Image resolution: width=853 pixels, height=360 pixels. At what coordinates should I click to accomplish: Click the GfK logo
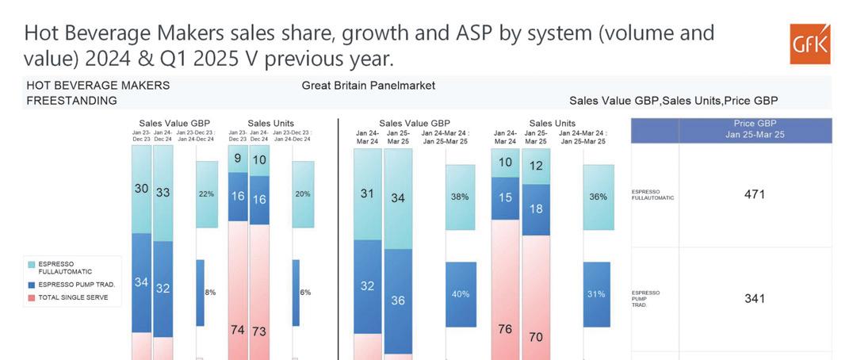click(809, 44)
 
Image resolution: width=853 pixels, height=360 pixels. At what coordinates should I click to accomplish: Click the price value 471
click(754, 194)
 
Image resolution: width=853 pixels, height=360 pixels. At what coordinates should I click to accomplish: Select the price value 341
click(754, 299)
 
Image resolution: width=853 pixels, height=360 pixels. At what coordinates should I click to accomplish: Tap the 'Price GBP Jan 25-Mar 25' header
click(754, 129)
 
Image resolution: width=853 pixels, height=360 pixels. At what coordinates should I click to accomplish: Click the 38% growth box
click(460, 197)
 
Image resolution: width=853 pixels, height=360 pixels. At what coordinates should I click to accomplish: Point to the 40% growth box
click(460, 294)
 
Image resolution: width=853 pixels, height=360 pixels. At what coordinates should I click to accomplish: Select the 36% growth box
click(598, 197)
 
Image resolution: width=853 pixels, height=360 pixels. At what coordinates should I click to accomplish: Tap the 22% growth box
click(206, 194)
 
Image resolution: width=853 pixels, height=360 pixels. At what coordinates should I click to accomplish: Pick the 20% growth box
click(303, 194)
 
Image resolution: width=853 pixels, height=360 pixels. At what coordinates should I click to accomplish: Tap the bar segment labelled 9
click(237, 158)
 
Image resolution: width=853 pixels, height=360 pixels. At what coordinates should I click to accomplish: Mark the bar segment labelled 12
click(536, 166)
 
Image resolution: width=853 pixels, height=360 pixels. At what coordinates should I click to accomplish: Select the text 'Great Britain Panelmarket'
click(368, 86)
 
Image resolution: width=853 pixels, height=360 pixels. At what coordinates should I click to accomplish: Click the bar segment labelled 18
click(536, 209)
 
